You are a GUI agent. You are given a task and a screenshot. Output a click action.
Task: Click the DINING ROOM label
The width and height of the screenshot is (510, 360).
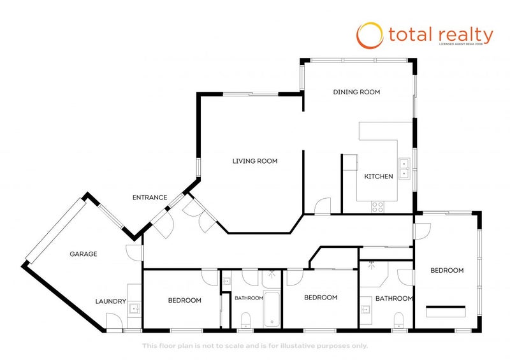coord(356,92)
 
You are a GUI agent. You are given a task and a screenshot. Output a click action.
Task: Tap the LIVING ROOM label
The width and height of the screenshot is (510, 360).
coord(254,161)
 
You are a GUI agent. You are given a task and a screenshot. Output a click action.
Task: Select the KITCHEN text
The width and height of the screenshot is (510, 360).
coord(378,176)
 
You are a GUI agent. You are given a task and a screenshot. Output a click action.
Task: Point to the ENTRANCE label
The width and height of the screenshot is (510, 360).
coord(150,198)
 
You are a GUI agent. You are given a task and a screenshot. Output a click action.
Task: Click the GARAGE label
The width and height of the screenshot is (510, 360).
coord(84,254)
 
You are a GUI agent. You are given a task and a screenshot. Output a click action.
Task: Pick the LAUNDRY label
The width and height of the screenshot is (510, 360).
coord(110,301)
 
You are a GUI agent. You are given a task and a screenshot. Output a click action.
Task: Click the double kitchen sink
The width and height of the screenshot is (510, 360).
coord(404,168)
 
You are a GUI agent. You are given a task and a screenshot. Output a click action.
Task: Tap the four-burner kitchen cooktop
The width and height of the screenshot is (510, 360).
coord(377,206)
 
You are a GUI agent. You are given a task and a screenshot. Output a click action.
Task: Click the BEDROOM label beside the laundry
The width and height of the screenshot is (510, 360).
coord(185,301)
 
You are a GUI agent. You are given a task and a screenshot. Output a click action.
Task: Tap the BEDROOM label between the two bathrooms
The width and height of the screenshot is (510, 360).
coord(320,298)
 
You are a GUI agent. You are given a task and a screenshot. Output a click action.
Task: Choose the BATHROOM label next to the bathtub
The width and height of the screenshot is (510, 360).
coord(248,298)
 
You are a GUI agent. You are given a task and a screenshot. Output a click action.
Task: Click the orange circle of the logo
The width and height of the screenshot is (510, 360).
coord(369,36)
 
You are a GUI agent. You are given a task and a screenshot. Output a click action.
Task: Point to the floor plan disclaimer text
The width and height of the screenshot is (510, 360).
coord(254,346)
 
